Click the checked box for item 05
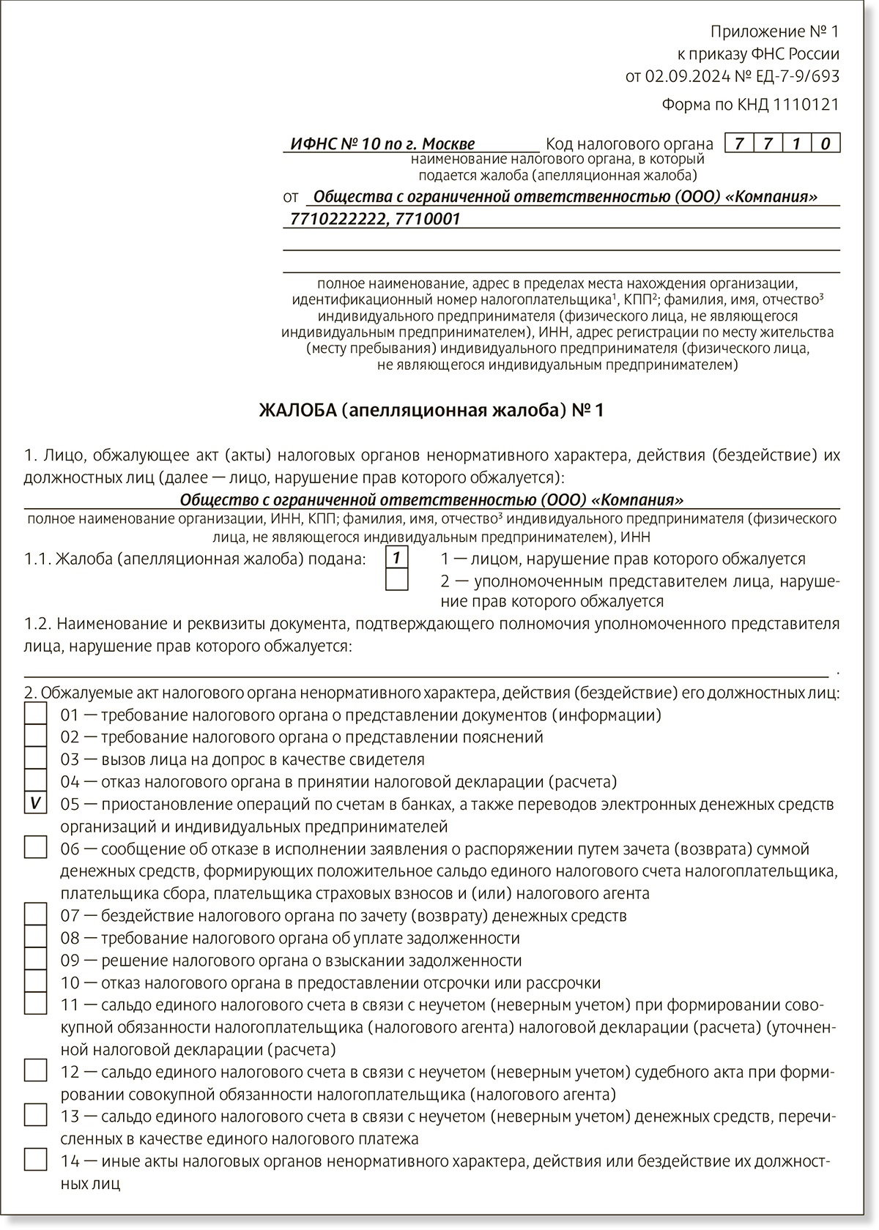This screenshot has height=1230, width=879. (x=35, y=803)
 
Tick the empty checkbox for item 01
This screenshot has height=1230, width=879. (x=35, y=714)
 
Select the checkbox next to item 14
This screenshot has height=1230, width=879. (x=35, y=1160)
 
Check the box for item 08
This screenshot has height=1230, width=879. (x=35, y=937)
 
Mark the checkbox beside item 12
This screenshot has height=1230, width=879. (x=35, y=1070)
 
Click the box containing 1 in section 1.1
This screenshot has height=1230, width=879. (x=396, y=558)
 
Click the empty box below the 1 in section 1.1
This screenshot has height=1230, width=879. (x=396, y=580)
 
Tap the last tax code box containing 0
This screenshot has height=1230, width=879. (x=826, y=143)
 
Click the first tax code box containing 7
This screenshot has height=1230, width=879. (x=739, y=143)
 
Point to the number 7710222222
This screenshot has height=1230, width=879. (x=337, y=219)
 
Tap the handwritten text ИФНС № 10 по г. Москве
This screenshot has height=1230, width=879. (x=382, y=144)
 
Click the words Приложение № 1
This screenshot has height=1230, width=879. (x=774, y=31)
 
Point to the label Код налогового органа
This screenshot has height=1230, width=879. (x=629, y=144)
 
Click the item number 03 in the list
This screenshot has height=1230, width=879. (x=70, y=759)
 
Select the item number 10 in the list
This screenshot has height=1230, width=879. (x=70, y=983)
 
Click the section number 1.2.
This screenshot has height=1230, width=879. (x=37, y=624)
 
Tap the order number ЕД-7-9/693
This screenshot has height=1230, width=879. (x=798, y=76)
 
